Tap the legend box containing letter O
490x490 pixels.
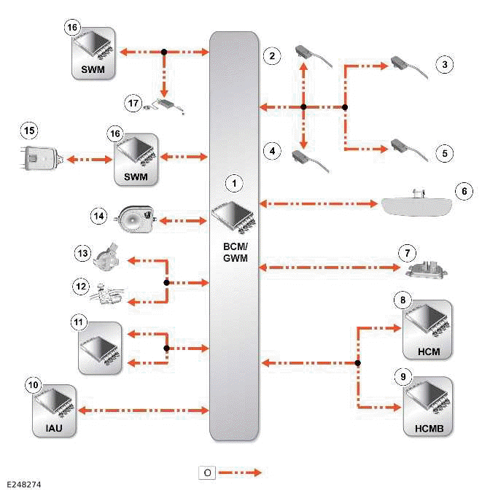208,472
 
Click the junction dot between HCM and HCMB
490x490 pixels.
358,362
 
